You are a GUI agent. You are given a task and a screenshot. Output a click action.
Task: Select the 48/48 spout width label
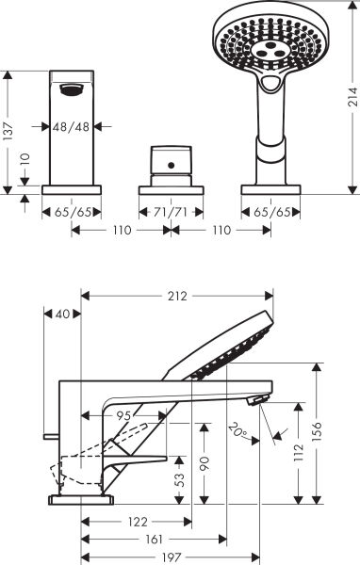coord(71,124)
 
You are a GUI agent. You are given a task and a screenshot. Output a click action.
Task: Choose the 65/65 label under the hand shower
coord(270,213)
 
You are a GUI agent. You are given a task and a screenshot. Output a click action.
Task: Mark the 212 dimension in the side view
coord(177,296)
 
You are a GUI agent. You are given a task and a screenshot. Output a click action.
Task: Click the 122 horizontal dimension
coord(137,521)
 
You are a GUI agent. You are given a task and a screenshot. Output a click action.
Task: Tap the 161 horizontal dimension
coord(154,540)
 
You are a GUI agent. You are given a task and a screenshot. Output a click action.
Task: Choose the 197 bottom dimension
coord(172,557)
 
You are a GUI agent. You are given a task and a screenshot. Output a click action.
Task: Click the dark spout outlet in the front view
coord(70,90)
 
